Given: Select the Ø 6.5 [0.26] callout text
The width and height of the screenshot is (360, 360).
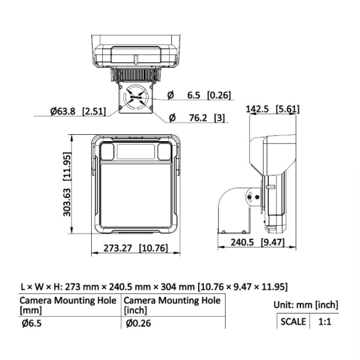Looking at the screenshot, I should coord(198,96).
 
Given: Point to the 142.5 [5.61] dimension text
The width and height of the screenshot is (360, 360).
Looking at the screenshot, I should coord(272,109).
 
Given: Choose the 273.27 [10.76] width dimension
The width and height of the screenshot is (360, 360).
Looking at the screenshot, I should coord(136,248).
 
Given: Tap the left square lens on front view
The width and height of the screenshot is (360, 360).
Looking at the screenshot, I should coord(108,152).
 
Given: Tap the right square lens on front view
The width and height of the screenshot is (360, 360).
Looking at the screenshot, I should coord(161,152).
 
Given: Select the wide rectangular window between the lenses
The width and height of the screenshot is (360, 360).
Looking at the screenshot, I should coord(134,152).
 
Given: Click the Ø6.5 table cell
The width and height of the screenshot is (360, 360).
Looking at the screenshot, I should coord(32,323).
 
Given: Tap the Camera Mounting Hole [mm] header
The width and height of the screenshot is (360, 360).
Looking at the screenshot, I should coord(68,305).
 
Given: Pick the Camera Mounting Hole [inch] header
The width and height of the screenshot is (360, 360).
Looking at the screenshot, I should coord(172,305).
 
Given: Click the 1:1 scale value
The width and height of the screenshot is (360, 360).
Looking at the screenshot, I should coord(325,322).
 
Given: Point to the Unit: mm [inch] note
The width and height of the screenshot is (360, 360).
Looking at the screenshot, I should coord(306,304).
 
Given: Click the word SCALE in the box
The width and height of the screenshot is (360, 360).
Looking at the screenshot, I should coord(293,322).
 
